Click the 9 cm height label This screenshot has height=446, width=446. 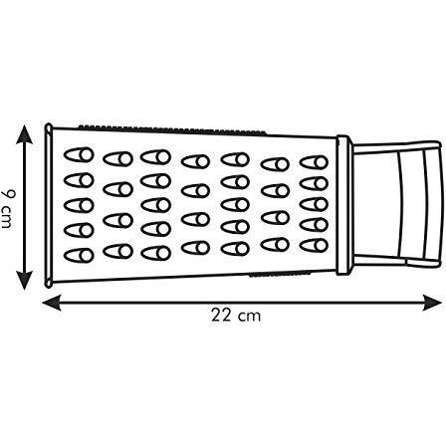[x=6, y=207]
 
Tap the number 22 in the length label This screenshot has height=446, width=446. [x=221, y=316]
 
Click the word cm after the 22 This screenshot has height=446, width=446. [x=249, y=317]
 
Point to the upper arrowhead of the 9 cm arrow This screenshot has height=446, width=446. [x=24, y=133]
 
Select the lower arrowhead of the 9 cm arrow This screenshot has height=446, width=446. [x=24, y=281]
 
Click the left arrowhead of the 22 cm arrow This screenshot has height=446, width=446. [x=52, y=303]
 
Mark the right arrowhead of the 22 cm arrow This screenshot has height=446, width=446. [x=431, y=303]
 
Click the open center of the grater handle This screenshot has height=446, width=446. [x=375, y=206]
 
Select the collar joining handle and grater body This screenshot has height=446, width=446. [x=343, y=205]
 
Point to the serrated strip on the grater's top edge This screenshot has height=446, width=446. [x=172, y=130]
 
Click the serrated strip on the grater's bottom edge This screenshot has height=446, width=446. [x=281, y=275]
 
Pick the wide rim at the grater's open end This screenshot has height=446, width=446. [x=49, y=205]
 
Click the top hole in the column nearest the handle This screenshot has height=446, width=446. [x=314, y=162]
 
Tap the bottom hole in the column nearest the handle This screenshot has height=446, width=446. [x=314, y=245]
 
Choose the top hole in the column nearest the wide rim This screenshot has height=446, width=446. [x=79, y=155]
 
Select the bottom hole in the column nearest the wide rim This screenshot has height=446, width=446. [x=79, y=255]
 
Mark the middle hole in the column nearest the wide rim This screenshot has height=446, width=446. [x=79, y=205]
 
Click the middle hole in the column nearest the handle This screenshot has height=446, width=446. [x=314, y=204]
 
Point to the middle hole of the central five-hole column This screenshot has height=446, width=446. [x=235, y=204]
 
